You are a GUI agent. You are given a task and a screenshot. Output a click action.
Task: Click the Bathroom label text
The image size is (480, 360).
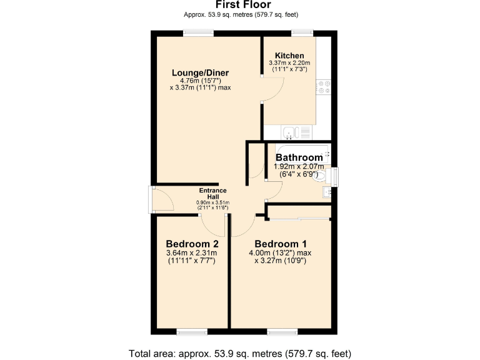[x=299, y=157]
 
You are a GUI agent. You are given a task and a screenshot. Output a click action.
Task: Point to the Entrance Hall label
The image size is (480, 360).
[x=212, y=194]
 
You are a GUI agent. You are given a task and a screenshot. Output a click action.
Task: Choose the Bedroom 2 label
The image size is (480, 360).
[x=192, y=243]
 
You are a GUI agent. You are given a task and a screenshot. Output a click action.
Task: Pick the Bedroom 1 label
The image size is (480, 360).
[x=281, y=243]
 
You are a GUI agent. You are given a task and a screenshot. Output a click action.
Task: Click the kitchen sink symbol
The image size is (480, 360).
[x=289, y=132]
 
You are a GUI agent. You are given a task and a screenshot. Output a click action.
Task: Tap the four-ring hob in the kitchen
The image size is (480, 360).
[x=324, y=87]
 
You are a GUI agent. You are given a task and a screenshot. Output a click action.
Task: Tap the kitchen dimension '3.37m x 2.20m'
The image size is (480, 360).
[x=289, y=63]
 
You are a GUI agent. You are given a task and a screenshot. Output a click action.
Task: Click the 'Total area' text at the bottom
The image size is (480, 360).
[x=239, y=353]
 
